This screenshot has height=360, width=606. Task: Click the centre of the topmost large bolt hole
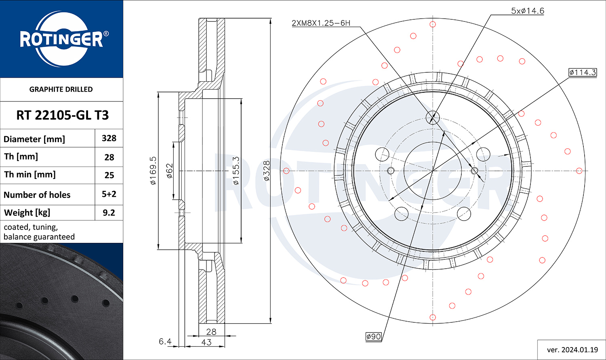(433, 118)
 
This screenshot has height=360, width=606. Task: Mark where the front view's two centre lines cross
(433, 171)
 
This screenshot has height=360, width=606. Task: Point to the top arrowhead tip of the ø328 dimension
(271, 19)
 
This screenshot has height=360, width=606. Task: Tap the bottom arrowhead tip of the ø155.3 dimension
(241, 243)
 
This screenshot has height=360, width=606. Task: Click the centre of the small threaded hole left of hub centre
(391, 171)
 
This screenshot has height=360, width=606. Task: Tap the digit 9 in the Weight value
(105, 213)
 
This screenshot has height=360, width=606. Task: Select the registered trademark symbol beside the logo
(106, 34)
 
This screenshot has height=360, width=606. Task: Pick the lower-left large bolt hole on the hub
(402, 214)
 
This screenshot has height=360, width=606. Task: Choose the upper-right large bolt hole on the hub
(483, 154)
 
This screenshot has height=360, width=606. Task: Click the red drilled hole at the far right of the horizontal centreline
(579, 171)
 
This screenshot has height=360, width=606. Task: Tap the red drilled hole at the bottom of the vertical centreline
(433, 317)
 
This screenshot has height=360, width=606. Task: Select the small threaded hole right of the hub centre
(475, 171)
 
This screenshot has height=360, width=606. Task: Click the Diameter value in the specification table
(109, 138)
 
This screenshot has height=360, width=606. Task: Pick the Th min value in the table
(109, 175)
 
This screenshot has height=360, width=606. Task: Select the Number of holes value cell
(109, 194)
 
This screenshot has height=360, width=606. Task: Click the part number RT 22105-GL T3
(63, 115)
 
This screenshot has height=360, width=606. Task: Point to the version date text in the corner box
(572, 350)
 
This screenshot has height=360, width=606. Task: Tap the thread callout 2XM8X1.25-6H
(321, 23)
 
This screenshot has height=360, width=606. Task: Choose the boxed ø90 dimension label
(373, 337)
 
